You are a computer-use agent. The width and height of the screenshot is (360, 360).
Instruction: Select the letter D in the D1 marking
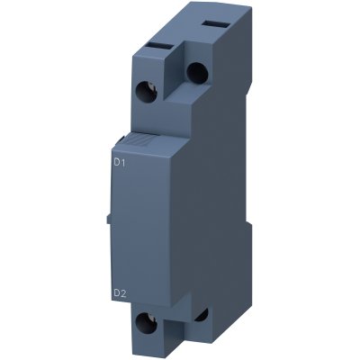(x=115, y=162)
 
